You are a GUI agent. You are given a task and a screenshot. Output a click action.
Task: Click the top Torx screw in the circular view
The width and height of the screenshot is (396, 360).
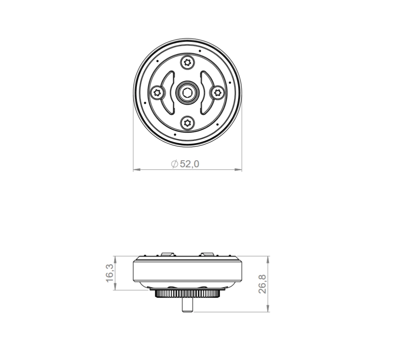click(x=187, y=62)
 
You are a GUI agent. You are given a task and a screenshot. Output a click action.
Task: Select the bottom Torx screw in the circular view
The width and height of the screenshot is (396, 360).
click(x=187, y=123)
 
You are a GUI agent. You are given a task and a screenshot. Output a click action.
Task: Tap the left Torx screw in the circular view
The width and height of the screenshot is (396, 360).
click(x=157, y=93)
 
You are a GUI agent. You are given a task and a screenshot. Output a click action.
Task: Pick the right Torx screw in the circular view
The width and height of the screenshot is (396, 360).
click(x=218, y=93)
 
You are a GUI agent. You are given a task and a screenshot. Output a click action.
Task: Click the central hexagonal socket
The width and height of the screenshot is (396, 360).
click(x=187, y=93)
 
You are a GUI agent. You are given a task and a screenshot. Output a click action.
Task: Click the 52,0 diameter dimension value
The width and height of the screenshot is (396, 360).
click(x=190, y=164)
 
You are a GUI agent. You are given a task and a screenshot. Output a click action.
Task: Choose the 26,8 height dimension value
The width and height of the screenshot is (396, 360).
click(x=262, y=284)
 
